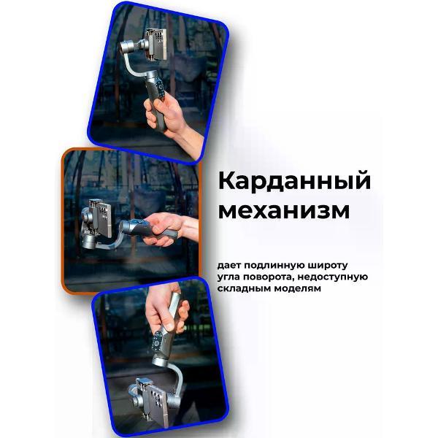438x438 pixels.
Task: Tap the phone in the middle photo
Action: pos(97,214)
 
